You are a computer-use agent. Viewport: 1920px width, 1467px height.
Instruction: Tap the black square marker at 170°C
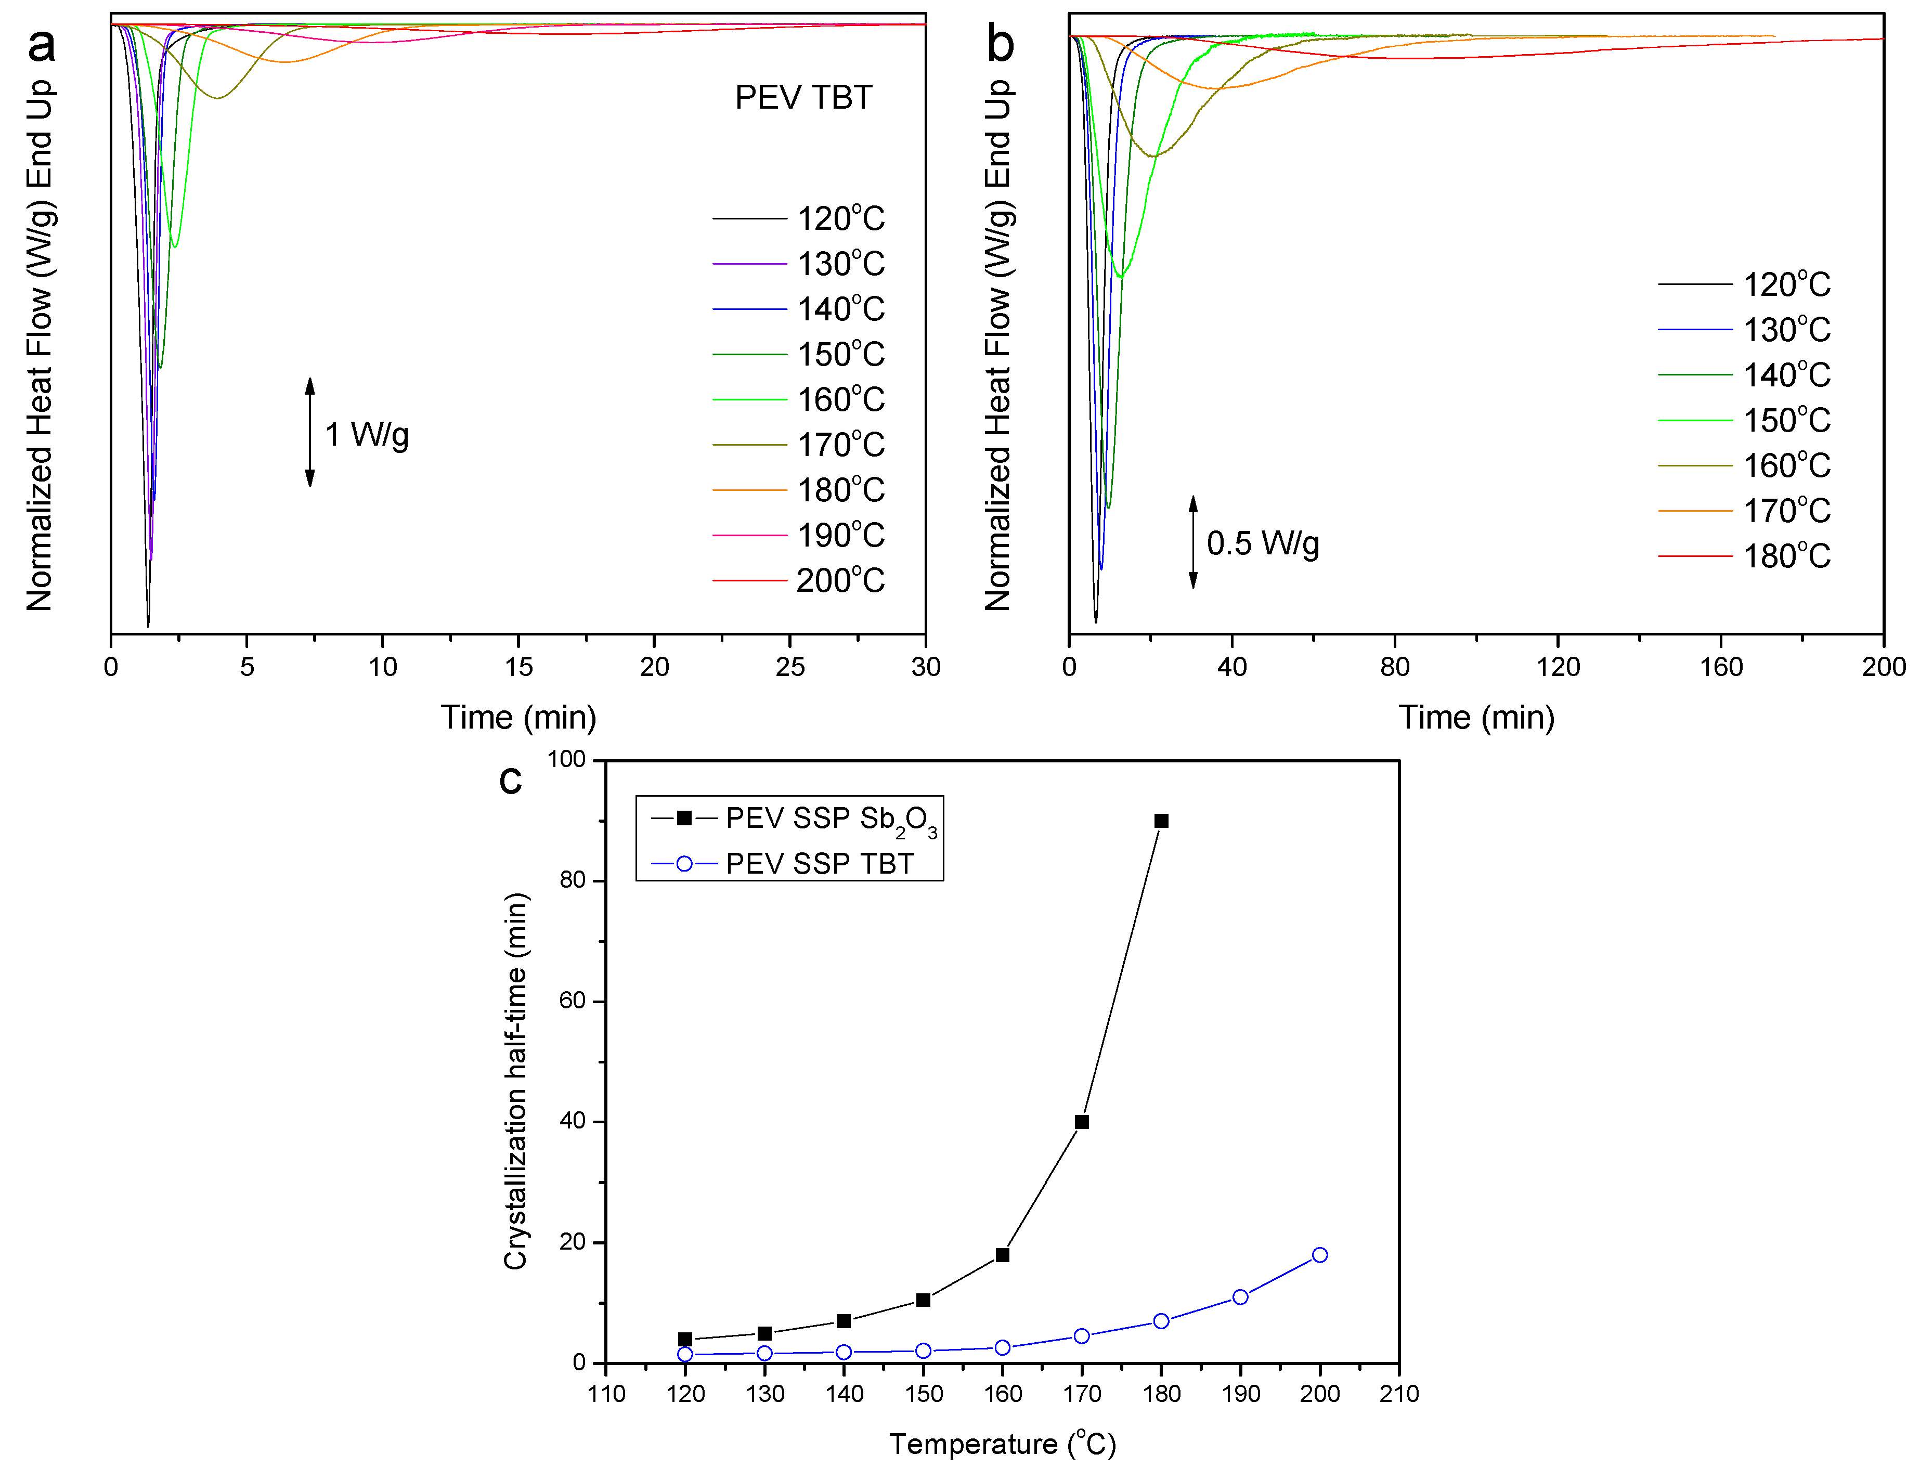pyautogui.click(x=1081, y=1122)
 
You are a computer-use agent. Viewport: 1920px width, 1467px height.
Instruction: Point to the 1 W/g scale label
pyautogui.click(x=367, y=434)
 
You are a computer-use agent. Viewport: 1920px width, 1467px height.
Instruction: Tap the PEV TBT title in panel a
pyautogui.click(x=803, y=97)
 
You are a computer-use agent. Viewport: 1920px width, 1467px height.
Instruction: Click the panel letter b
pyautogui.click(x=1001, y=44)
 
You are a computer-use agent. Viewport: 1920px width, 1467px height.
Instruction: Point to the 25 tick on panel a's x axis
pyautogui.click(x=789, y=667)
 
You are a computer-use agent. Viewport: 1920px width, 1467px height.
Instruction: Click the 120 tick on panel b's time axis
pyautogui.click(x=1558, y=667)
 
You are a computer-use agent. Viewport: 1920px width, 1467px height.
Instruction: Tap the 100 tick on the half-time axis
pyautogui.click(x=567, y=760)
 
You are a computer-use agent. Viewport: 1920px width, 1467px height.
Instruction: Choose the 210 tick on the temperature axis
pyautogui.click(x=1399, y=1394)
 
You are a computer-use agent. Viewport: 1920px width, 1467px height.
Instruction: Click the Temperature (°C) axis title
pyautogui.click(x=1002, y=1444)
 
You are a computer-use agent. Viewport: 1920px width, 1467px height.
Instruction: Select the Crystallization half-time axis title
pyautogui.click(x=515, y=1081)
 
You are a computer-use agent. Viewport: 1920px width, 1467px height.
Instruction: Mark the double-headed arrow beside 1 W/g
pyautogui.click(x=310, y=432)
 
